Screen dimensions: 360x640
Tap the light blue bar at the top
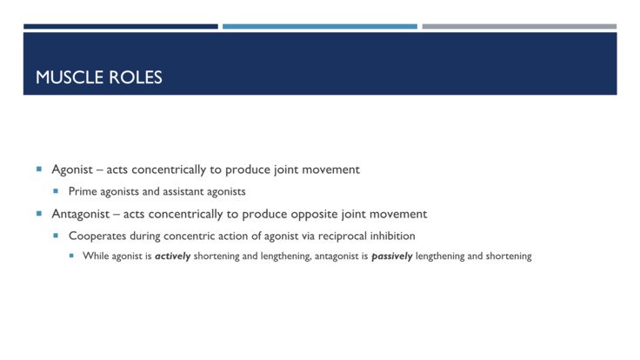point(319,26)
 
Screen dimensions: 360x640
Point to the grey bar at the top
point(519,26)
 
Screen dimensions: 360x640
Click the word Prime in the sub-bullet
point(83,191)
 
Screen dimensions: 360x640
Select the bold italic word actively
point(174,257)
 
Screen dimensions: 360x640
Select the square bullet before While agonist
point(72,257)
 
